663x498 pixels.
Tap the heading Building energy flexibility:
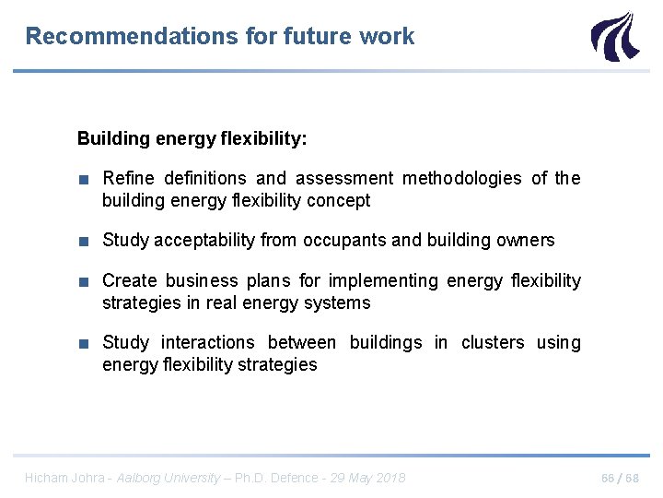click(192, 139)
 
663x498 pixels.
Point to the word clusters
click(492, 343)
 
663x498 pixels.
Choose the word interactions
click(208, 343)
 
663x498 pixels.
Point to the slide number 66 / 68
click(620, 478)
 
